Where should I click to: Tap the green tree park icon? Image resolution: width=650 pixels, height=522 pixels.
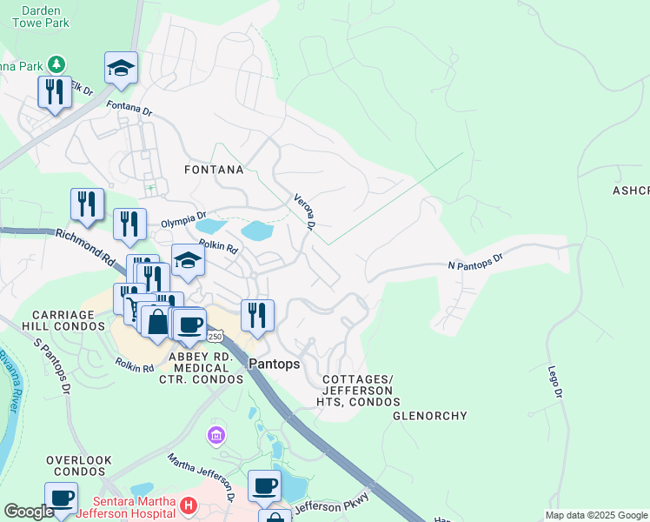pyautogui.click(x=56, y=64)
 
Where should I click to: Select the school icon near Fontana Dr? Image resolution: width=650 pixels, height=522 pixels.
pyautogui.click(x=121, y=67)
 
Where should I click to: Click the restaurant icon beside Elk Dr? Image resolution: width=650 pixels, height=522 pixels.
pyautogui.click(x=55, y=91)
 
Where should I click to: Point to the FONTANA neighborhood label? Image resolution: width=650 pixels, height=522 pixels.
pyautogui.click(x=213, y=170)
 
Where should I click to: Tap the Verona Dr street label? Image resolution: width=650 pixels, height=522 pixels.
pyautogui.click(x=303, y=211)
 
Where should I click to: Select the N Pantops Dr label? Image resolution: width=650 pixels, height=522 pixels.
pyautogui.click(x=475, y=261)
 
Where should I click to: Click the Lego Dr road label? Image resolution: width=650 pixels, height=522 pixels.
pyautogui.click(x=555, y=382)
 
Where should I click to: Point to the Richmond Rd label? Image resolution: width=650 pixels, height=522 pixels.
pyautogui.click(x=85, y=247)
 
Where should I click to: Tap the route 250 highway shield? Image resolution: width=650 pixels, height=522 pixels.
pyautogui.click(x=216, y=336)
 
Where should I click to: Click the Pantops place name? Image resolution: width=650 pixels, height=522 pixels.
pyautogui.click(x=274, y=365)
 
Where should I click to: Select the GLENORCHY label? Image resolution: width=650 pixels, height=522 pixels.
pyautogui.click(x=429, y=416)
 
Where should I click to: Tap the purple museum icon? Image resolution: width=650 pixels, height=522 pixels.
pyautogui.click(x=216, y=433)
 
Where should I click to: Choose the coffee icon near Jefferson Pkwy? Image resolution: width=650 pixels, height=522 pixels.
pyautogui.click(x=264, y=485)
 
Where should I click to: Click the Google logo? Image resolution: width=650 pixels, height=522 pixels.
pyautogui.click(x=28, y=512)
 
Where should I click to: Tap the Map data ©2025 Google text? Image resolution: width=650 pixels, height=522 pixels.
pyautogui.click(x=595, y=515)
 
